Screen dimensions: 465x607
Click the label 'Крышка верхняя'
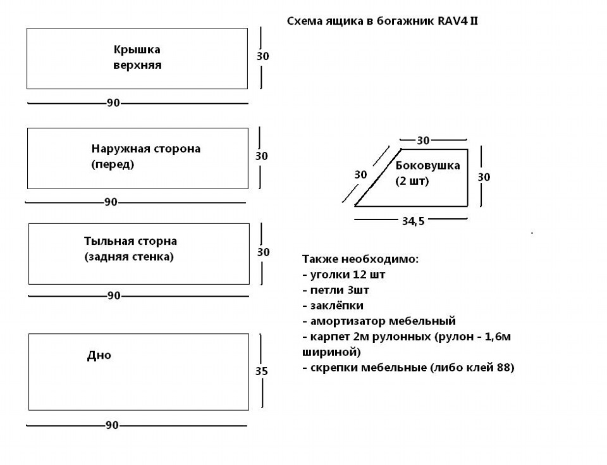tap(137, 57)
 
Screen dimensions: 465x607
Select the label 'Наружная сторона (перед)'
tap(145, 157)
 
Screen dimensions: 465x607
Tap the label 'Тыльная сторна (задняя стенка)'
tap(130, 249)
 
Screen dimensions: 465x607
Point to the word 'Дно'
tap(99, 356)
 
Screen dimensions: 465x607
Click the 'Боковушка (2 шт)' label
tap(427, 173)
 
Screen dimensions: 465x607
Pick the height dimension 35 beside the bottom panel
tap(262, 371)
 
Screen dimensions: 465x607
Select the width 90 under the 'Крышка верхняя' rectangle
tap(113, 103)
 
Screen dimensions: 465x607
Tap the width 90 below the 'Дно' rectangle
tap(112, 426)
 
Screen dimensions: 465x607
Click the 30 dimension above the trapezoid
tap(423, 140)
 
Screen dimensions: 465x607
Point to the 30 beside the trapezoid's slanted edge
tap(360, 174)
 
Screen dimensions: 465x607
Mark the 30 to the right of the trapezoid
tap(484, 177)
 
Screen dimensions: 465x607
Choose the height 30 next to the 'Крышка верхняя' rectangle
tap(262, 56)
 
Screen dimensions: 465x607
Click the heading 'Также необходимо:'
tap(360, 259)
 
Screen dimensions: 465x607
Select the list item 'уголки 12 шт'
tap(344, 275)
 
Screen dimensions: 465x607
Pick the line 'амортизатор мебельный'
tap(379, 321)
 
